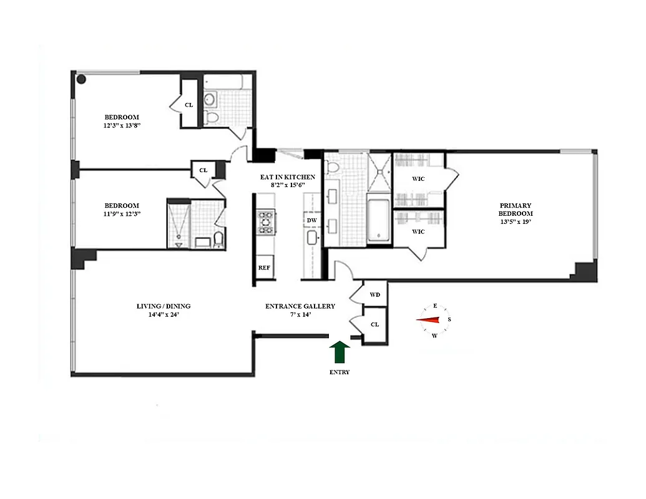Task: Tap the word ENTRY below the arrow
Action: (339, 372)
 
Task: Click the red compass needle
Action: (429, 321)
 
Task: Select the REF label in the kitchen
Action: (264, 268)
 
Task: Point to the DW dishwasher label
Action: (311, 220)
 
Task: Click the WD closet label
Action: (375, 294)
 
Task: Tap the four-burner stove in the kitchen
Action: (266, 223)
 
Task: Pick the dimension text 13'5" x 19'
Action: (515, 222)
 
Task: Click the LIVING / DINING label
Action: (164, 306)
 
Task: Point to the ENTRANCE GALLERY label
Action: (300, 306)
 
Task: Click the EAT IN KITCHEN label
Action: (288, 177)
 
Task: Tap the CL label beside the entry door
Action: (374, 325)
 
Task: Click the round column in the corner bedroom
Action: (81, 79)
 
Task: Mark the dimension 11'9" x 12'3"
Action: (122, 214)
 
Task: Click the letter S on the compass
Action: (449, 320)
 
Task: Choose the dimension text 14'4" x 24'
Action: (164, 315)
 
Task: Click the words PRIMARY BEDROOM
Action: (515, 210)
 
